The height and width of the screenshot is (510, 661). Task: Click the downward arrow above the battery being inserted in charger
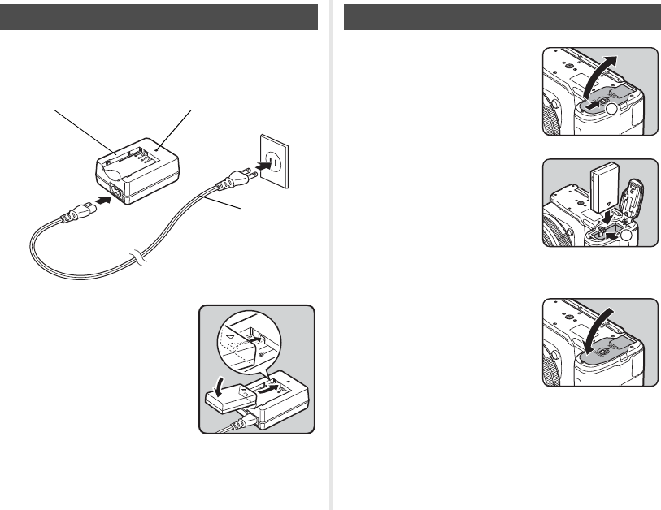pyautogui.click(x=215, y=382)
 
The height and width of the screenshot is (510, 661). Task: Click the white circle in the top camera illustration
pyautogui.click(x=612, y=106)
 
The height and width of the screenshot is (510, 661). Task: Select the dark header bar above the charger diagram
pyautogui.click(x=159, y=16)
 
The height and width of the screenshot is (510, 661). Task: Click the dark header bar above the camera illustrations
pyautogui.click(x=502, y=16)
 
